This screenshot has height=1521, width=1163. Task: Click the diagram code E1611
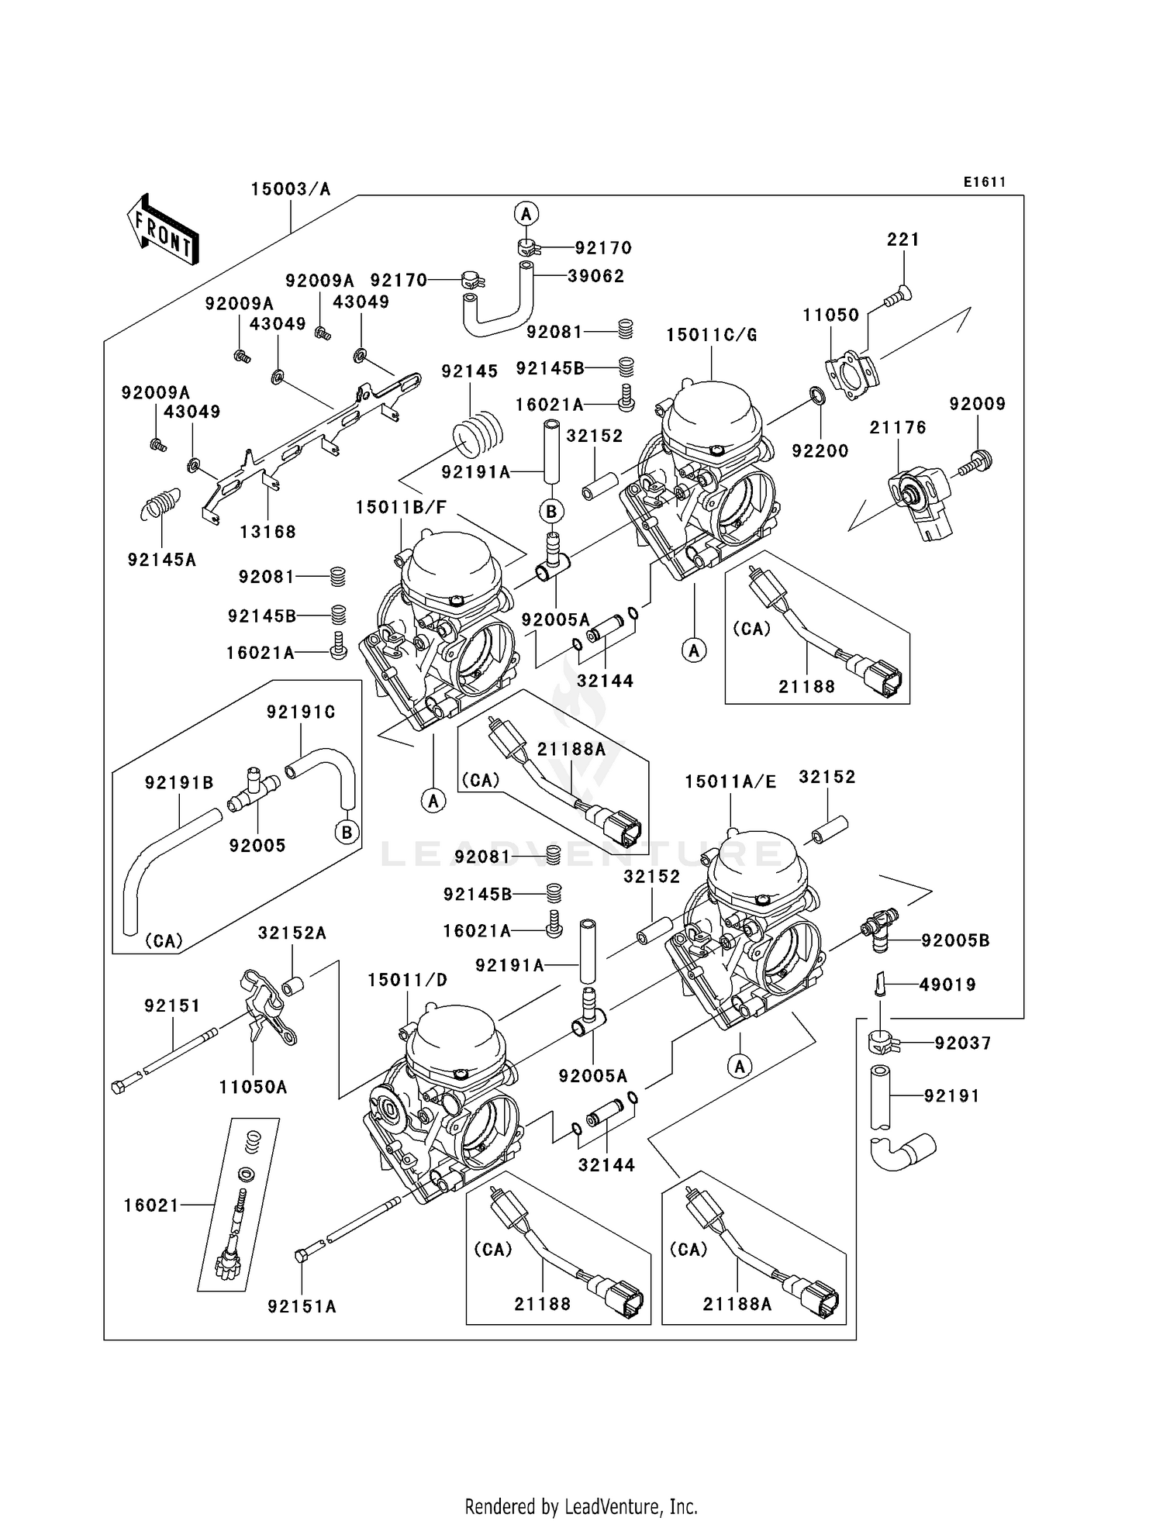click(984, 182)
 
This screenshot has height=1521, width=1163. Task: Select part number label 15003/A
click(290, 189)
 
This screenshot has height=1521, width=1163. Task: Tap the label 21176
click(897, 427)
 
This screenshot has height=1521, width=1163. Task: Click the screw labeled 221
click(899, 295)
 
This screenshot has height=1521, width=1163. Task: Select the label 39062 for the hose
click(595, 276)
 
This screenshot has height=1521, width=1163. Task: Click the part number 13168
click(267, 532)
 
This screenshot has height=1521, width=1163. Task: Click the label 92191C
click(301, 712)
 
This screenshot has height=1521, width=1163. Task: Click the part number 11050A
click(253, 1088)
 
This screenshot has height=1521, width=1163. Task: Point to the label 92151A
click(302, 1306)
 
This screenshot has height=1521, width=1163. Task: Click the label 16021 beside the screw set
click(151, 1205)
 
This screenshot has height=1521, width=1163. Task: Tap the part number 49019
click(947, 985)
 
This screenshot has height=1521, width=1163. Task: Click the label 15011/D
click(407, 980)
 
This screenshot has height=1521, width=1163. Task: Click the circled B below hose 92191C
click(347, 833)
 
